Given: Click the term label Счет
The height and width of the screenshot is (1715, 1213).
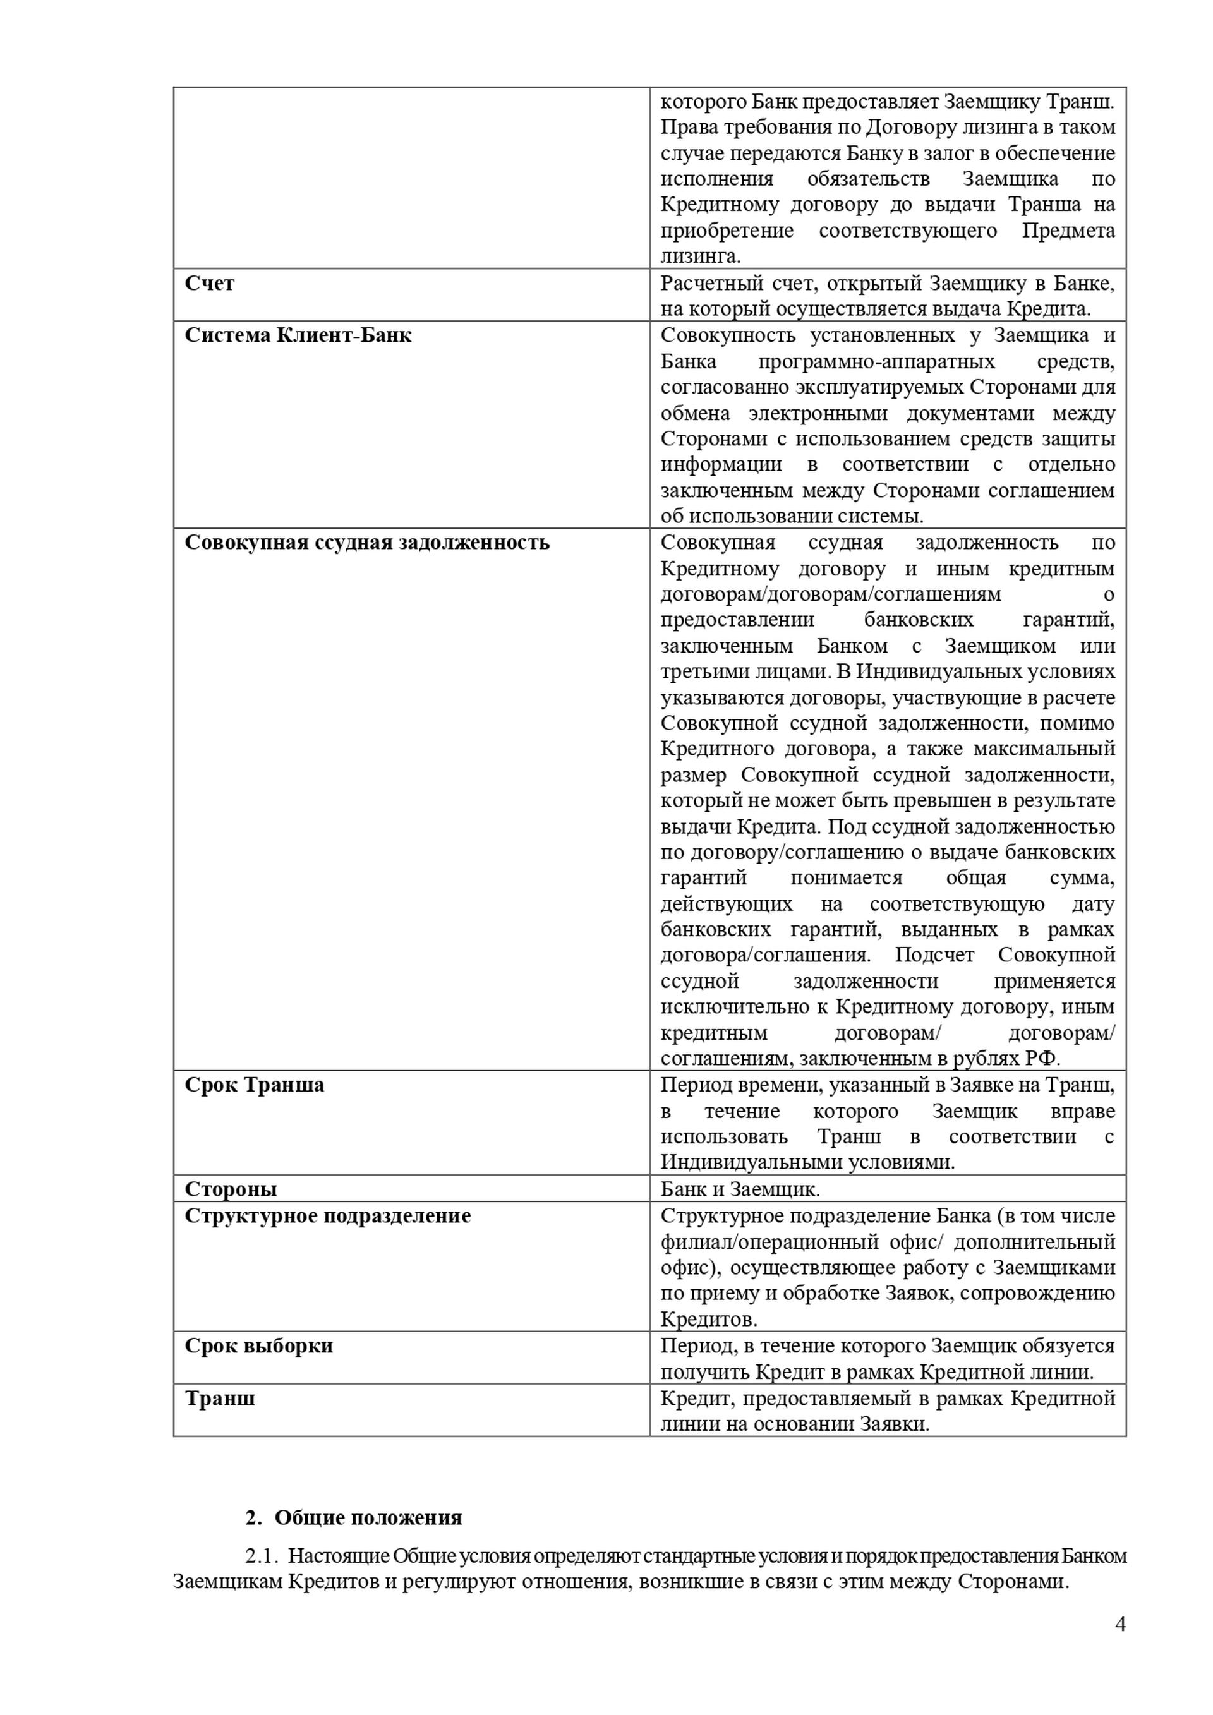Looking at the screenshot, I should tap(209, 283).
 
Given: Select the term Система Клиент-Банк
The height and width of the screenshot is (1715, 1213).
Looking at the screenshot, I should tap(298, 335).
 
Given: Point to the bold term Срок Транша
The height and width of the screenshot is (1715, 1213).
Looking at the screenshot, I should tap(254, 1085).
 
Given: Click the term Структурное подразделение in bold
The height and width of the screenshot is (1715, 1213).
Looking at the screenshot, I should tap(328, 1215).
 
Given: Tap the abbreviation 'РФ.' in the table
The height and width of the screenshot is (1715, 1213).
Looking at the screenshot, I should tap(1044, 1059).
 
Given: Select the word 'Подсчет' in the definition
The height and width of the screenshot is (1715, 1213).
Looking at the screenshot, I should tap(934, 954).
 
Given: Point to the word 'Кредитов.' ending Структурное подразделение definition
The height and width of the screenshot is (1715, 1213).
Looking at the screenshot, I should tap(709, 1319).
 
